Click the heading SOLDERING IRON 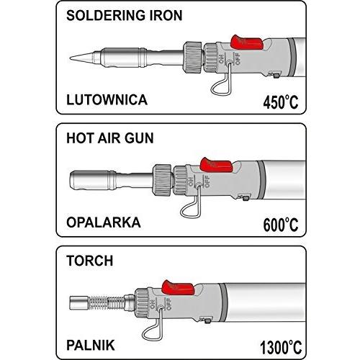pyautogui.click(x=125, y=16)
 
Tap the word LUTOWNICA pyautogui.click(x=107, y=100)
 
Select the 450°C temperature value pyautogui.click(x=281, y=102)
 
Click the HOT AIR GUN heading pyautogui.click(x=110, y=138)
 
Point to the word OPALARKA pyautogui.click(x=104, y=222)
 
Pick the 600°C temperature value pyautogui.click(x=281, y=225)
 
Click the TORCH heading pyautogui.click(x=90, y=261)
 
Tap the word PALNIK pyautogui.click(x=91, y=345)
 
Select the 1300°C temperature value pyautogui.click(x=281, y=347)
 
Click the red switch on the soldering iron pyautogui.click(x=247, y=42)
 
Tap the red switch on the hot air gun pyautogui.click(x=216, y=165)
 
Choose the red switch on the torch pyautogui.click(x=178, y=287)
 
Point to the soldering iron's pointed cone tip pyautogui.click(x=81, y=58)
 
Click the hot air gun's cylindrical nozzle pyautogui.click(x=93, y=180)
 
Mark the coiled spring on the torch pyautogui.click(x=107, y=303)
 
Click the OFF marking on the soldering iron pyautogui.click(x=238, y=59)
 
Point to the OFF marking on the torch pyautogui.click(x=168, y=304)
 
